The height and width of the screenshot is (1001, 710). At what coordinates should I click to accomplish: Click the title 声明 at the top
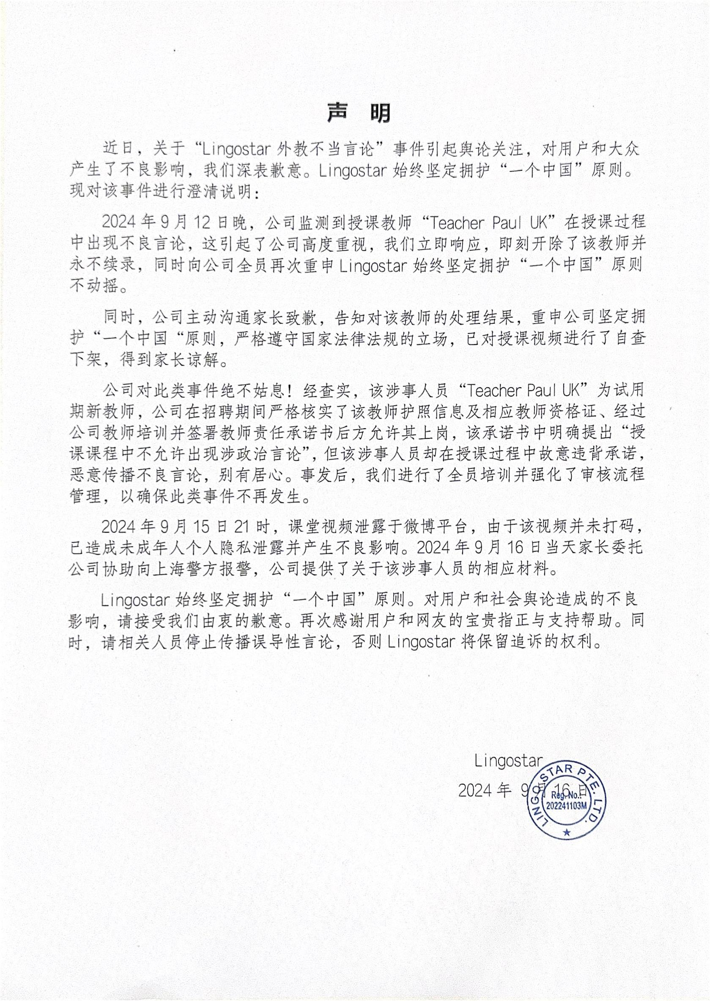click(359, 113)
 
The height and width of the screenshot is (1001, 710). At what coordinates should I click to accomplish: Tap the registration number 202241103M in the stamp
click(567, 805)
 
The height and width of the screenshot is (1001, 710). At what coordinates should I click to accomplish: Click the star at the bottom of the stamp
click(567, 833)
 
